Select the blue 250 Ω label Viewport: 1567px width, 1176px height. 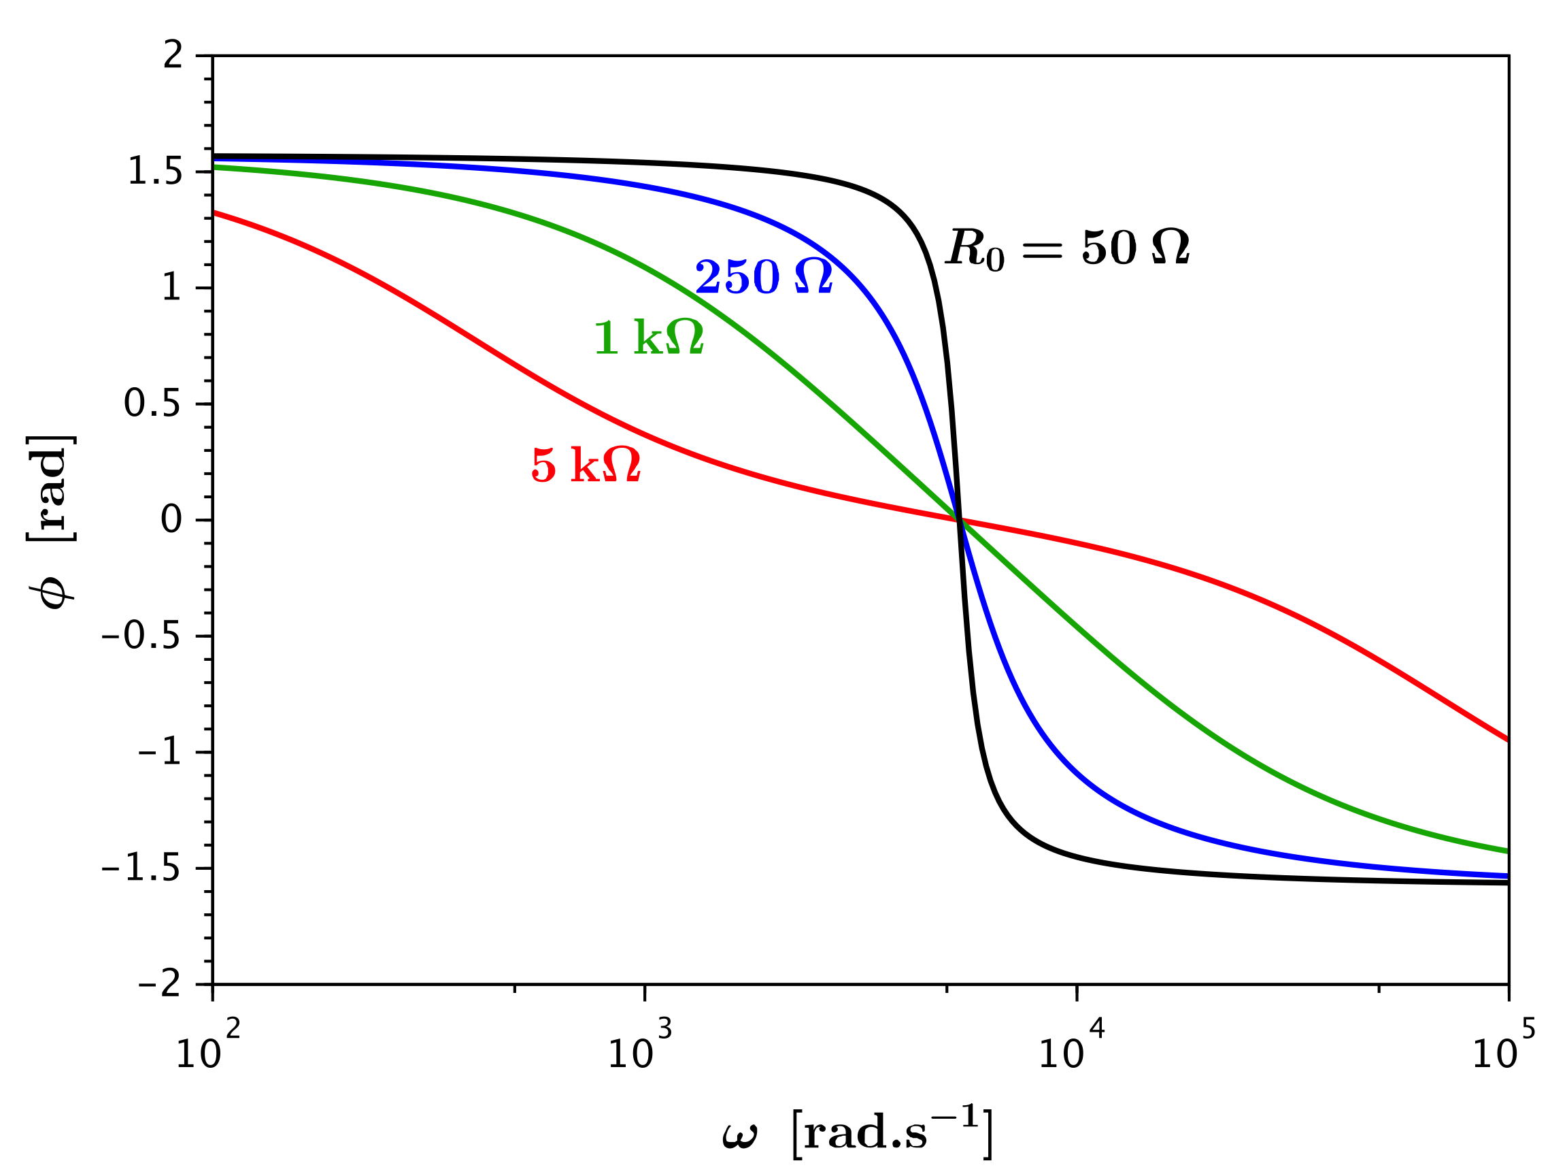point(764,277)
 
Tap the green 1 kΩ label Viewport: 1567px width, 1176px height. point(648,338)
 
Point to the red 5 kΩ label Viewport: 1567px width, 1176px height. point(586,467)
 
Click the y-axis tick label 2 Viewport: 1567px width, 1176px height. point(173,55)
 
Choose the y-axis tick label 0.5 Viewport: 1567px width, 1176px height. point(152,405)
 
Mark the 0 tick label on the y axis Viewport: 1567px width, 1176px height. point(171,521)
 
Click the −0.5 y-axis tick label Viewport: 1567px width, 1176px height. point(141,636)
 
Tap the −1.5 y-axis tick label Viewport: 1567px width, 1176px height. point(141,869)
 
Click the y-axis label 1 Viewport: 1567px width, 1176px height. point(172,289)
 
